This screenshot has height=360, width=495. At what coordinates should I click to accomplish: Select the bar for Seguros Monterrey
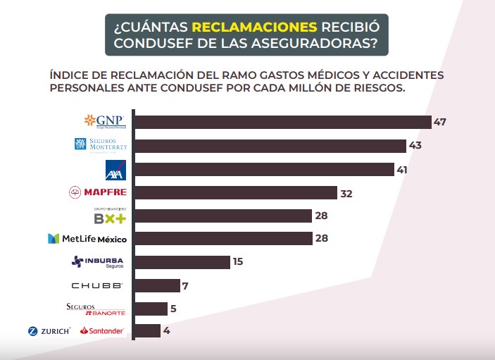(270, 146)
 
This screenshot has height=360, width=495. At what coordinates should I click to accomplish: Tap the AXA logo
(115, 169)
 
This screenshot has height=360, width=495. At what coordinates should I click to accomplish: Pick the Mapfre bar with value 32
(235, 192)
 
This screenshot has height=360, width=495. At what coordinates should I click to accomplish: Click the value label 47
(440, 122)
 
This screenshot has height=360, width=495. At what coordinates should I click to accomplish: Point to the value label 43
(415, 146)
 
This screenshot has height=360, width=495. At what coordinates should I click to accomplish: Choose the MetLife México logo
(87, 239)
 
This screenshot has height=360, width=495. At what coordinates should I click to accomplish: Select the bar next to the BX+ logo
(223, 216)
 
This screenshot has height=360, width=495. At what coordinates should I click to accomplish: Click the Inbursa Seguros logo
(98, 262)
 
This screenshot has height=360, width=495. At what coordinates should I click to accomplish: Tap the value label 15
(238, 262)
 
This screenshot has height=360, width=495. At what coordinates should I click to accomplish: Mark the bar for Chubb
(156, 285)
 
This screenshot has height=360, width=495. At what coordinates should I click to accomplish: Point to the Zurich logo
(49, 330)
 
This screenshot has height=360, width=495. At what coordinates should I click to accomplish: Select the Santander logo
(103, 330)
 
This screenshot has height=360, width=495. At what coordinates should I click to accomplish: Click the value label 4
(167, 330)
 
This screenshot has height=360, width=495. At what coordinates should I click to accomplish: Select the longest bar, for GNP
(282, 122)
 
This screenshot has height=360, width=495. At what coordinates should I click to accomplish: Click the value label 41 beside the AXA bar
(403, 169)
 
